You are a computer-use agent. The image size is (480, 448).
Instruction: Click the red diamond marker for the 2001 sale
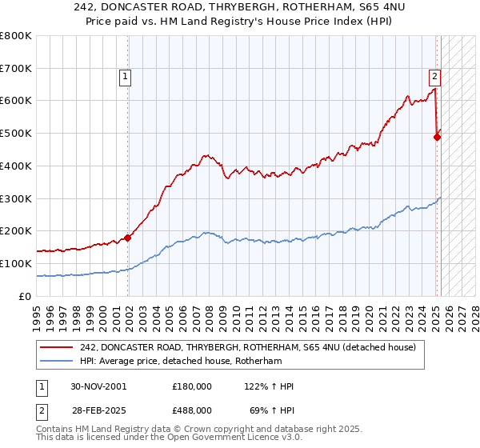[127, 238]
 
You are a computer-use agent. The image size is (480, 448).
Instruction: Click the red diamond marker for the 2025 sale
[437, 137]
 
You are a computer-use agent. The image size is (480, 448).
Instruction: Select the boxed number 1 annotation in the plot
[126, 77]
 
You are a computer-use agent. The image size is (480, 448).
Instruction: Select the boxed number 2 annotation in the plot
[434, 77]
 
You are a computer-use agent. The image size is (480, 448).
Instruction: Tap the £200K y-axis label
[18, 231]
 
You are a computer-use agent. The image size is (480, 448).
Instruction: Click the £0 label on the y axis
[26, 296]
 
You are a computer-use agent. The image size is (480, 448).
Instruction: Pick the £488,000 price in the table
[192, 410]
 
